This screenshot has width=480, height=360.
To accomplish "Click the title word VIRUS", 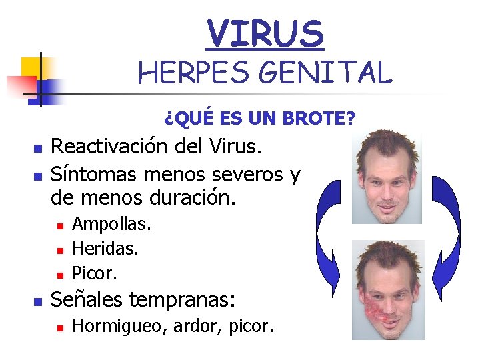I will pos(265,33).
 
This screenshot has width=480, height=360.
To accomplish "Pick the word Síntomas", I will pos(91,174).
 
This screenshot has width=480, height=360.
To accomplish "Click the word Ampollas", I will pos(111,224).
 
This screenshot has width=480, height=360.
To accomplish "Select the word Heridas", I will pos(105,249).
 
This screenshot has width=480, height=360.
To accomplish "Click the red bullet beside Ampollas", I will pos(59,226).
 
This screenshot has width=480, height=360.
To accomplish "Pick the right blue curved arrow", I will pos(445,227).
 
